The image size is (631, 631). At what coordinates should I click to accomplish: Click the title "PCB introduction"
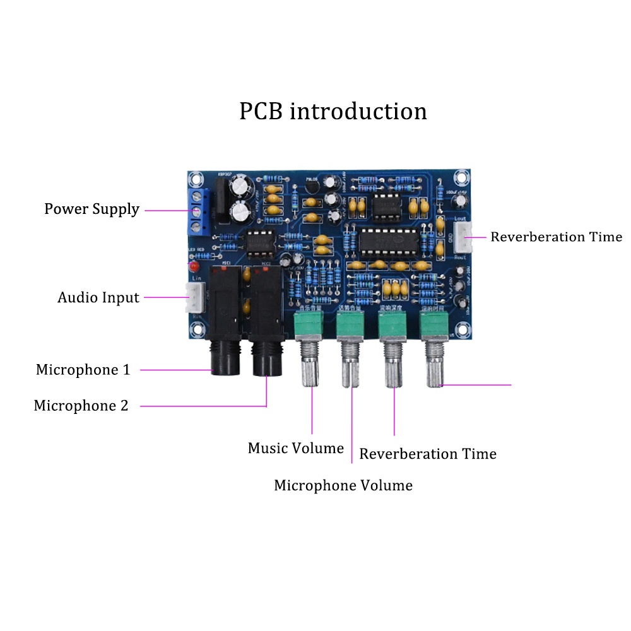tap(333, 112)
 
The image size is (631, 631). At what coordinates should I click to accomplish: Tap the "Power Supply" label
tap(91, 209)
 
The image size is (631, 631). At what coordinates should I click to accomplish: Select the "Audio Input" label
tap(98, 297)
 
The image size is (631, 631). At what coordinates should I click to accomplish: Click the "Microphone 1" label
tap(83, 370)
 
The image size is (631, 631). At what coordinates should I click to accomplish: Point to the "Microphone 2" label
tap(81, 406)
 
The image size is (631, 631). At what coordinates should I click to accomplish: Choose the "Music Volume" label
tap(295, 448)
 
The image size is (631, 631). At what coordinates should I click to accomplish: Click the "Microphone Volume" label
tap(343, 485)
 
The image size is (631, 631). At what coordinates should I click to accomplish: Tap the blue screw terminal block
tap(198, 208)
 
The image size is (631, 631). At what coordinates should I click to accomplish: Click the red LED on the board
tap(192, 267)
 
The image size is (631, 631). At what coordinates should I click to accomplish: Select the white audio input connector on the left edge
tap(194, 297)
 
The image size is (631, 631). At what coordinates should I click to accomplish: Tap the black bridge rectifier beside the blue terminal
tap(221, 196)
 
